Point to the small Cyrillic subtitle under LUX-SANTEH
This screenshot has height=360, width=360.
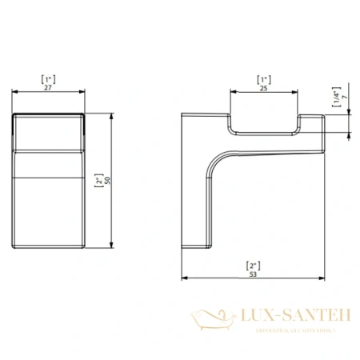[289, 327]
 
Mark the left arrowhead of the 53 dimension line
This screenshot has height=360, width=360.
[186, 279]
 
